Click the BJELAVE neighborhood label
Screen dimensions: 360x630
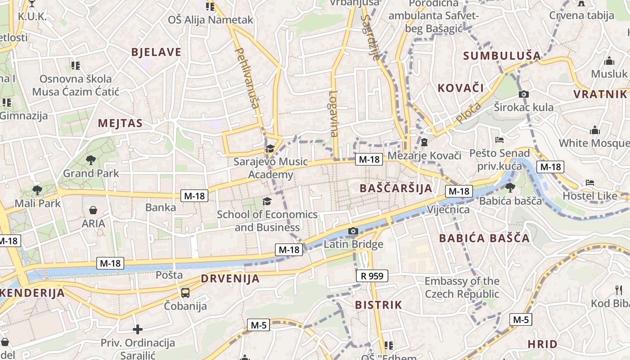pyautogui.click(x=156, y=52)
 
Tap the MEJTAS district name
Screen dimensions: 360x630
pyautogui.click(x=120, y=123)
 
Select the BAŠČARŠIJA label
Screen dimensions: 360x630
pyautogui.click(x=396, y=188)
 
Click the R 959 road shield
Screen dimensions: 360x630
pyautogui.click(x=372, y=276)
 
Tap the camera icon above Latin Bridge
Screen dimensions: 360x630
pyautogui.click(x=353, y=231)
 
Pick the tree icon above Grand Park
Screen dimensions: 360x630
pyautogui.click(x=91, y=160)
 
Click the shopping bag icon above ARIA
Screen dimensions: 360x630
pyautogui.click(x=93, y=210)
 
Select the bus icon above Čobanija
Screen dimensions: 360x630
pyautogui.click(x=185, y=293)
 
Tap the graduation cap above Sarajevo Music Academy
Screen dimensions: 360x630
pyautogui.click(x=270, y=148)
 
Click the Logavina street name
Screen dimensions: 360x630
pyautogui.click(x=333, y=114)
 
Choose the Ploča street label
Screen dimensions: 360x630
pyautogui.click(x=468, y=113)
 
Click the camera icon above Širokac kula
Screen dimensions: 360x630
pyautogui.click(x=523, y=94)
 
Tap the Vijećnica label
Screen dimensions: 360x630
pyautogui.click(x=448, y=210)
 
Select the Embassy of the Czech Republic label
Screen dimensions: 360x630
pyautogui.click(x=462, y=288)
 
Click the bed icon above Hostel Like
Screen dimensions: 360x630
pyautogui.click(x=589, y=183)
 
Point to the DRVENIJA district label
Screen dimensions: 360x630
pyautogui.click(x=230, y=279)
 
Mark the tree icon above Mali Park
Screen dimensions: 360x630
pyautogui.click(x=37, y=190)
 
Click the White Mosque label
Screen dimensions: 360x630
pyautogui.click(x=594, y=143)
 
